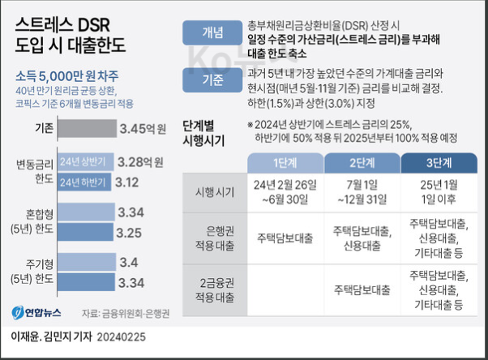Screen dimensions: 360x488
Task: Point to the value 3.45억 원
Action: [144, 128]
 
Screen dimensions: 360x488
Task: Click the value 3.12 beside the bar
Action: [129, 182]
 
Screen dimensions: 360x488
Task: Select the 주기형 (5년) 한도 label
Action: [34, 272]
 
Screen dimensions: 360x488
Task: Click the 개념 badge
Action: [212, 34]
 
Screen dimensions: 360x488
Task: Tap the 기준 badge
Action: [212, 83]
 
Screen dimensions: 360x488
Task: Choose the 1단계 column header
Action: [286, 161]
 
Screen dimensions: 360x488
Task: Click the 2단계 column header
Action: [362, 161]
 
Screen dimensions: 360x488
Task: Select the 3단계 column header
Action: [439, 161]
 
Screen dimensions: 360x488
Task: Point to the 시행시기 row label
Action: [215, 194]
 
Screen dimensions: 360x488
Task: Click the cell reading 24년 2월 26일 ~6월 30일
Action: [286, 194]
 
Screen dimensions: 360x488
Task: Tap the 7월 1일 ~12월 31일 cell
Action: [362, 194]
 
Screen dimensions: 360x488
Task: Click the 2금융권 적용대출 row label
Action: [215, 289]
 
